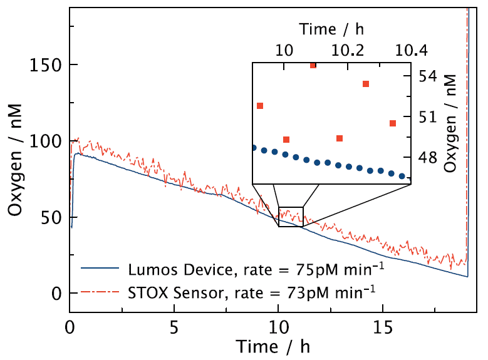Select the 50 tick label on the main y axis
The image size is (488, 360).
click(x=50, y=217)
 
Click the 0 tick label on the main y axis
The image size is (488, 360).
click(x=56, y=294)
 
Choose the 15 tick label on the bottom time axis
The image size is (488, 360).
click(x=382, y=327)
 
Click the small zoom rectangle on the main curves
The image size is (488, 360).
click(x=291, y=217)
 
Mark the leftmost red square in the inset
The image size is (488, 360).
click(x=260, y=106)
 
